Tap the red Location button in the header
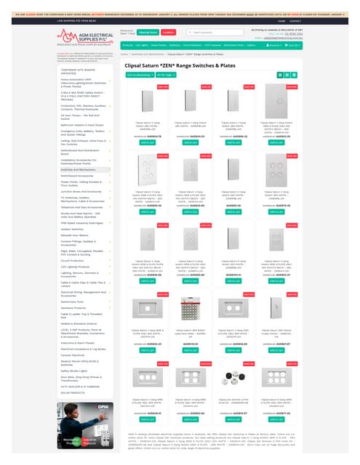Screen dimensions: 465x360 (168, 33)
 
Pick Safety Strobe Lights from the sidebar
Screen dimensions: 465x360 (58, 369)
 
